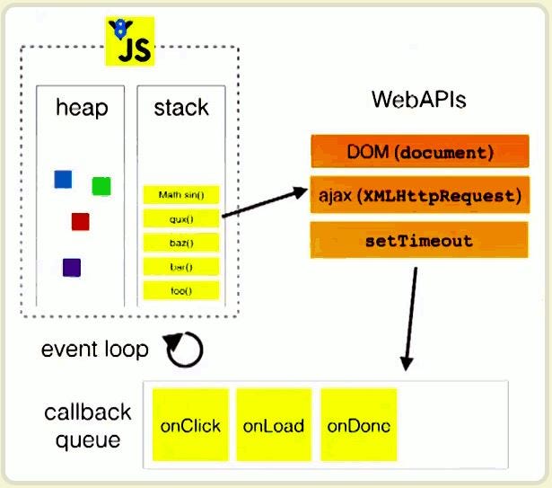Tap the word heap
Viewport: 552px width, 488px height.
pyautogui.click(x=81, y=109)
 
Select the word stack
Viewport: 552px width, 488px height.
pyautogui.click(x=180, y=109)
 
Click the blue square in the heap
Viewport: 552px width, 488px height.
pyautogui.click(x=63, y=179)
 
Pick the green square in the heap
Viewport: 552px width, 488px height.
pyautogui.click(x=101, y=186)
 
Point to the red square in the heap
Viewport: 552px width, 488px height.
pyautogui.click(x=81, y=221)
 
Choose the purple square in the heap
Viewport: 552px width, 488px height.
pyautogui.click(x=72, y=267)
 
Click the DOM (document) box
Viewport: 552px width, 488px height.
pyautogui.click(x=420, y=152)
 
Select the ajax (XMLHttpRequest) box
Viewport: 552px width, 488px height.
pyautogui.click(x=420, y=195)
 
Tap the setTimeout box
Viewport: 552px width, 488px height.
pyautogui.click(x=420, y=241)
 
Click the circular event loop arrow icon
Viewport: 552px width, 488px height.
pyautogui.click(x=183, y=349)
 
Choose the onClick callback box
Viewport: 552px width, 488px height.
pyautogui.click(x=190, y=425)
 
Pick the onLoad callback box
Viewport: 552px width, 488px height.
pyautogui.click(x=273, y=425)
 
